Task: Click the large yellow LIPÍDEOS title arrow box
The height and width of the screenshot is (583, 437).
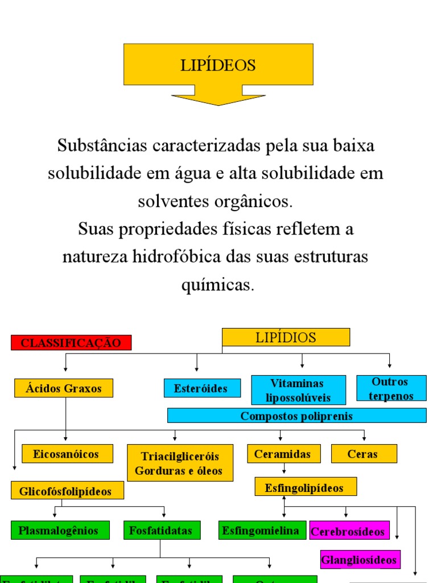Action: click(218, 65)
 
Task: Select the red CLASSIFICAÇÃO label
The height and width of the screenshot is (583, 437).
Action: click(71, 343)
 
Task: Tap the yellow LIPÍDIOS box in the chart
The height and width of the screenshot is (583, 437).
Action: click(286, 338)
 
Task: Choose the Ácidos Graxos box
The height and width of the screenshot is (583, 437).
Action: click(64, 388)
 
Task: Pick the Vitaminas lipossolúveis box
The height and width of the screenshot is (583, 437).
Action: click(299, 390)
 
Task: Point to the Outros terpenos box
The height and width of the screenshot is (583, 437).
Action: click(391, 388)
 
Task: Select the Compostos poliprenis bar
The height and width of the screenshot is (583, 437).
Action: click(296, 416)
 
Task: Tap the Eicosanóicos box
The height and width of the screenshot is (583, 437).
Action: click(67, 454)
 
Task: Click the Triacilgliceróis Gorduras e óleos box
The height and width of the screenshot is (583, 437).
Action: click(180, 463)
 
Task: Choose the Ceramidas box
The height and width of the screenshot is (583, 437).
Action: click(284, 454)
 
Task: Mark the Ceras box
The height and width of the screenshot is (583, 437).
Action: click(364, 454)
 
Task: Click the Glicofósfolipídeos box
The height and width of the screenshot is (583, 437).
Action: click(67, 491)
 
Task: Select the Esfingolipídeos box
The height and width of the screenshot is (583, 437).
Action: click(306, 487)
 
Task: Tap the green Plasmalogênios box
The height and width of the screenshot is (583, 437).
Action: click(59, 531)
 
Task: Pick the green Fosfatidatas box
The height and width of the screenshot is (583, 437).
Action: click(162, 531)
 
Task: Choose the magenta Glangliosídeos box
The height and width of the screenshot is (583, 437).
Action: click(360, 560)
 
